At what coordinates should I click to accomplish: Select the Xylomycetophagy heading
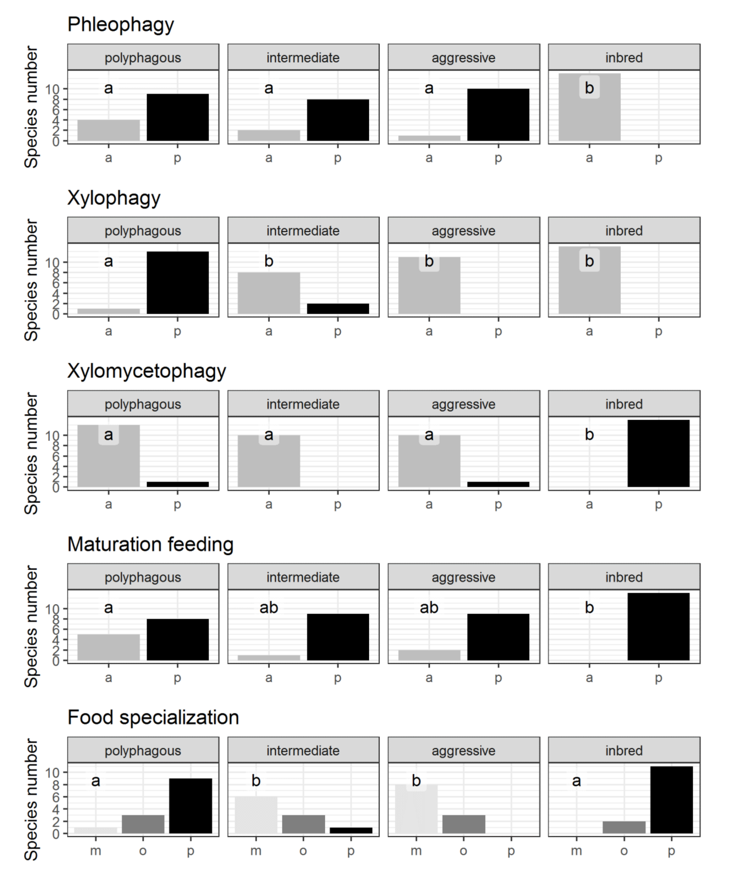tap(147, 371)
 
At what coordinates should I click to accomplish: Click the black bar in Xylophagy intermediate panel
tap(338, 309)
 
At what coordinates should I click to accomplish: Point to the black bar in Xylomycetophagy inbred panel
tap(658, 453)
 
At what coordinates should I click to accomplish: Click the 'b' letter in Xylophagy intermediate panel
tap(269, 261)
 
